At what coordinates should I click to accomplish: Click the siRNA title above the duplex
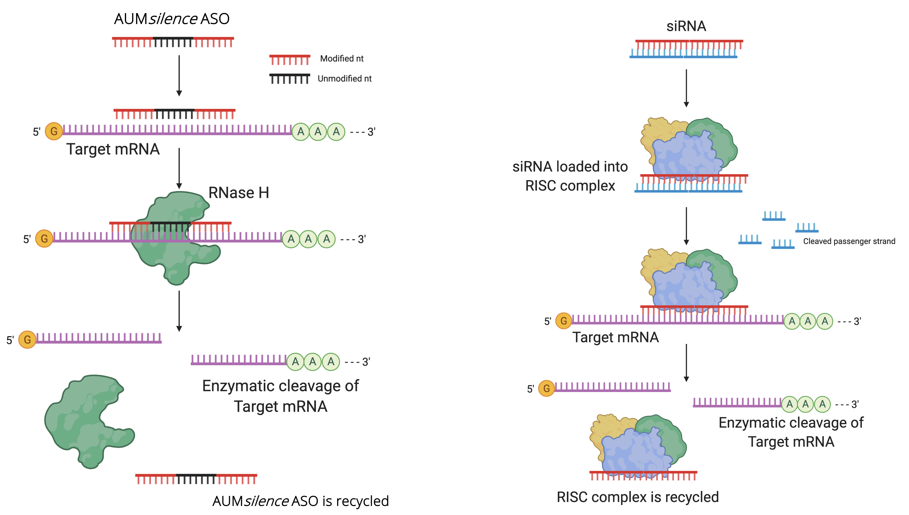686,26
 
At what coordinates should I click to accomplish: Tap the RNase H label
238,193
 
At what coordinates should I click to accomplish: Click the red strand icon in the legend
289,59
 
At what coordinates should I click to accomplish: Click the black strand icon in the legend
289,79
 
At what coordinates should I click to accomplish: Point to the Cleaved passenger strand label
849,241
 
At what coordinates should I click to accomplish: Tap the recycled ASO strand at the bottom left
196,478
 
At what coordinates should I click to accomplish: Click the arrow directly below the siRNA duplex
686,88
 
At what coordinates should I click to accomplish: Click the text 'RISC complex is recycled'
637,497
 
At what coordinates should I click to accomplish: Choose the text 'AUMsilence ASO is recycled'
300,501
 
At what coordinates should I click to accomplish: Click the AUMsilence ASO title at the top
172,19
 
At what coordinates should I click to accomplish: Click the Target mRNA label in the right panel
616,337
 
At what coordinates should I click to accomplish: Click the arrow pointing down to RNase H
179,168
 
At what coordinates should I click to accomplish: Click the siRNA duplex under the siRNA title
686,49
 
